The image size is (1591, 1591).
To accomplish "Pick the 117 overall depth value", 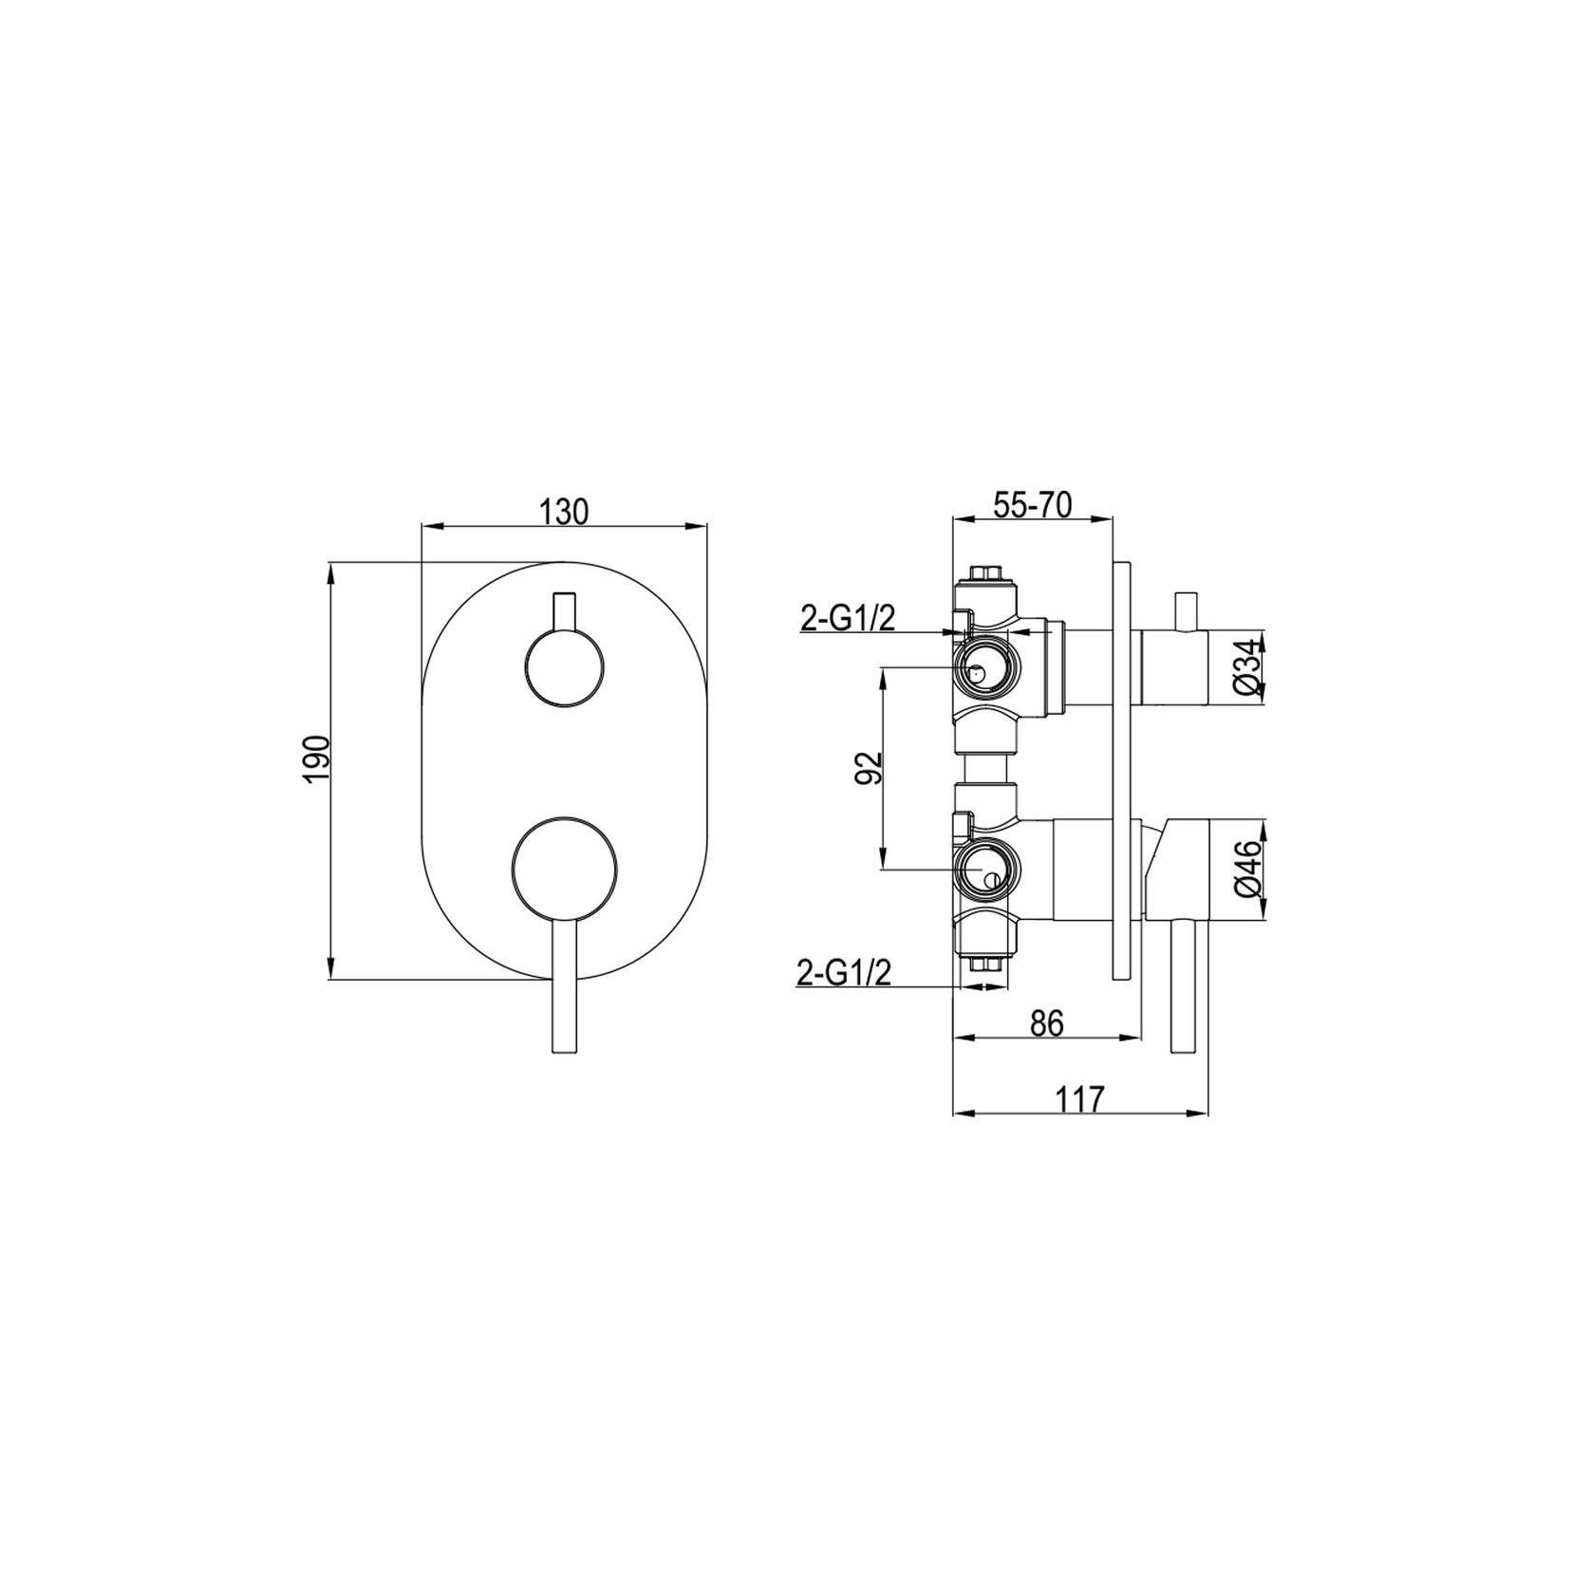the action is pyautogui.click(x=1080, y=1099).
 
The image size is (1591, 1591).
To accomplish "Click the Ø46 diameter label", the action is pyautogui.click(x=1249, y=870).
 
